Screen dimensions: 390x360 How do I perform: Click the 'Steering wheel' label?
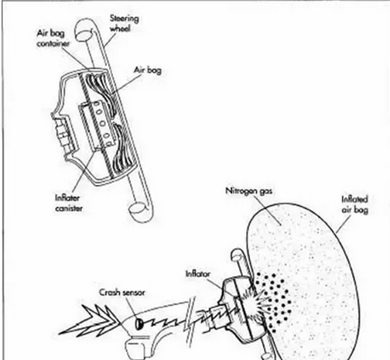124,23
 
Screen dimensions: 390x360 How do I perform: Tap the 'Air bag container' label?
53,38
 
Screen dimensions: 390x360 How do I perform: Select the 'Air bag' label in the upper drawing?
148,70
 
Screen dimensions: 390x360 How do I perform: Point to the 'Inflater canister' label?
69,203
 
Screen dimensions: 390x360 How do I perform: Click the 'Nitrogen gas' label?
248,191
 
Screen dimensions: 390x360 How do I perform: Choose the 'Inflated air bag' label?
354,204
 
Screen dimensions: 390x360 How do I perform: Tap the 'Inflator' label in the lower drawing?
198,273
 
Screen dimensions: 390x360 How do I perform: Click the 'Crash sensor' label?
122,293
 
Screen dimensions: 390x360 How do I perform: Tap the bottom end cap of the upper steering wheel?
137,210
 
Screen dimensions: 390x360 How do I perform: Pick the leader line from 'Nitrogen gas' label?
269,211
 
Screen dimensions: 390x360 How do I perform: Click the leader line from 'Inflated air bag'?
344,223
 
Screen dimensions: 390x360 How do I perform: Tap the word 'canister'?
69,208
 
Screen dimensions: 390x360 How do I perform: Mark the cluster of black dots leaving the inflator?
275,302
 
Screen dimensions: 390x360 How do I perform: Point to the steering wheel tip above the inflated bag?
236,255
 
